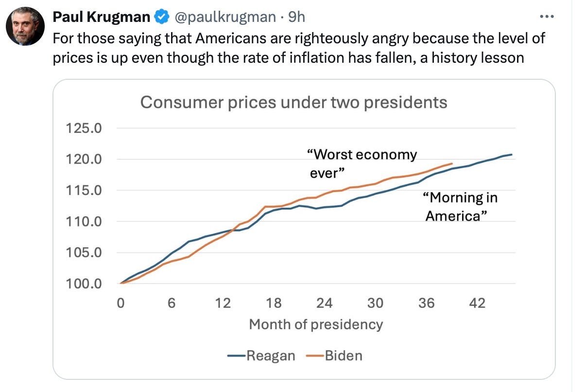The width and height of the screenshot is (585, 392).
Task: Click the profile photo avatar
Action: point(25,26)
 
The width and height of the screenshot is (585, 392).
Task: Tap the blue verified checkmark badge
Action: point(162,17)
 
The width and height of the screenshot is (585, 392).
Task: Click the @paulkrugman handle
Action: point(225,17)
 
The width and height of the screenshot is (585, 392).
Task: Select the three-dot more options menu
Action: point(547,17)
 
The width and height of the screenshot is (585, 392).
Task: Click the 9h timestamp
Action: point(296,17)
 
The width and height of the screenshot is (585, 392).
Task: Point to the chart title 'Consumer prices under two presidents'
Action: point(294,102)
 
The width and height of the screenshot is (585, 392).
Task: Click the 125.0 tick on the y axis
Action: point(84,128)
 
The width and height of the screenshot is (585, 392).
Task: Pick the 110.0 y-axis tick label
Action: point(84,222)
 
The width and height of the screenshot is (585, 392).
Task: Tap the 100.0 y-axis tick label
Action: point(84,284)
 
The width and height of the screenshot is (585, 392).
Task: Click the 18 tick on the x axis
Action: point(274,303)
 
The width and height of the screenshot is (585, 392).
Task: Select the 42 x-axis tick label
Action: point(477,303)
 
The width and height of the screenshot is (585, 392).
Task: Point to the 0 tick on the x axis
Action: point(120,303)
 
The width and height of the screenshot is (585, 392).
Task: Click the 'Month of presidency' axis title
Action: point(316,325)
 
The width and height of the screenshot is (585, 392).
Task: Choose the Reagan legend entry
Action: point(261,356)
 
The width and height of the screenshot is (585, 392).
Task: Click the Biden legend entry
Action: point(334,356)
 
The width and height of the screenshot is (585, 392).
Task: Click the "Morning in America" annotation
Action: point(460,207)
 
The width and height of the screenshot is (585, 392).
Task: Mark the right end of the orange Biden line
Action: point(452,163)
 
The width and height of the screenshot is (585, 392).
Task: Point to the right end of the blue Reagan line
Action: point(512,155)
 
